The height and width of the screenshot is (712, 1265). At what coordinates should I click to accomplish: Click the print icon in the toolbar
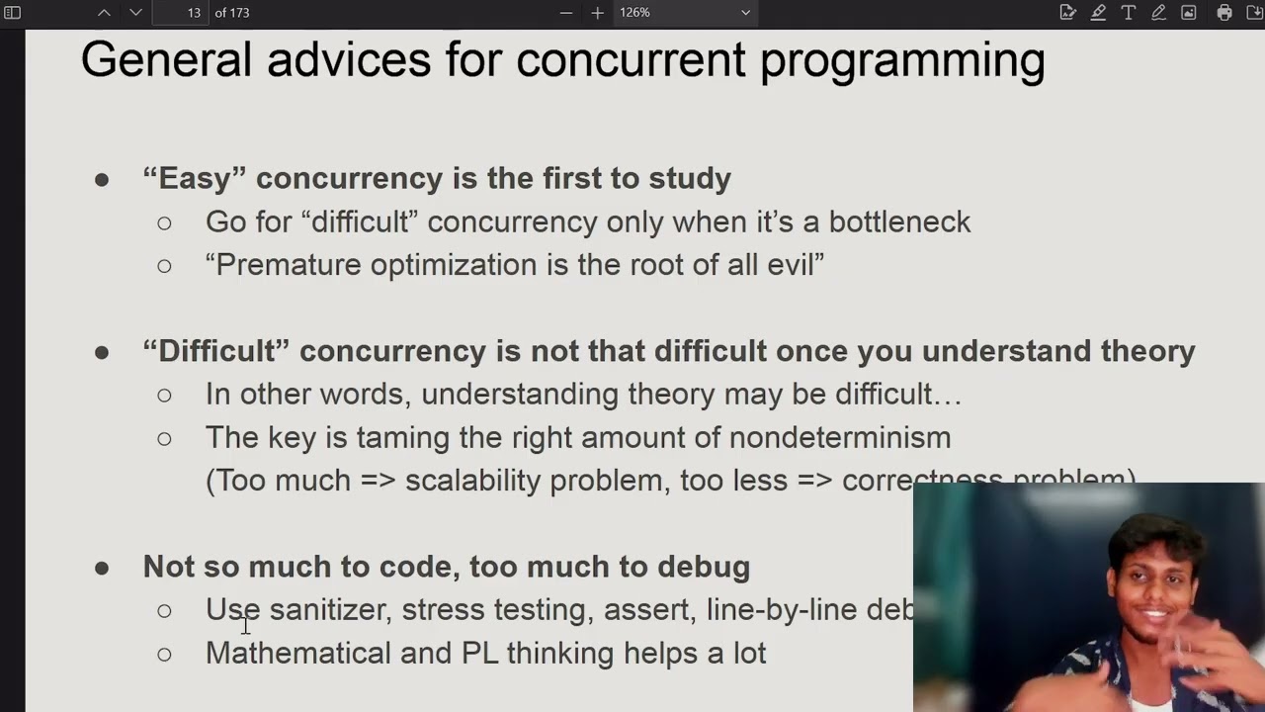[x=1224, y=13]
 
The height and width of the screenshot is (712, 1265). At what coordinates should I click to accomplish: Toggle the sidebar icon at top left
[x=13, y=13]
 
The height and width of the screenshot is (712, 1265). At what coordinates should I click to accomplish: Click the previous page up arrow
[x=104, y=13]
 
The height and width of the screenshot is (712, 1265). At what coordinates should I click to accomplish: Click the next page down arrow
[x=136, y=13]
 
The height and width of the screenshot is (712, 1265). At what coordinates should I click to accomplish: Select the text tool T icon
[x=1128, y=13]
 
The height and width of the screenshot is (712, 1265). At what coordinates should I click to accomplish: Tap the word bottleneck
[x=899, y=222]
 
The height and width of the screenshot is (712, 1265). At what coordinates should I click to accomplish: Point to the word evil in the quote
[x=796, y=265]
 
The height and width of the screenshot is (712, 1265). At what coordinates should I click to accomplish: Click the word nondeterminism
[x=839, y=437]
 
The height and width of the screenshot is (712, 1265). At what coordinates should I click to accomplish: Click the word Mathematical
[x=297, y=653]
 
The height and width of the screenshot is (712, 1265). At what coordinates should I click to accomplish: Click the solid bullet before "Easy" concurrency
[x=102, y=179]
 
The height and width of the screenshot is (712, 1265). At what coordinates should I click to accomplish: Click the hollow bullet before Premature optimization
[x=164, y=265]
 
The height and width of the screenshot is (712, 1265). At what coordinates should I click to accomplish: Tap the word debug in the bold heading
[x=703, y=567]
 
